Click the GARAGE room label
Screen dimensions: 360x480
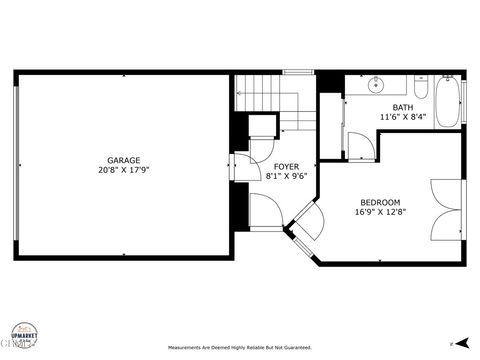coord(124,160)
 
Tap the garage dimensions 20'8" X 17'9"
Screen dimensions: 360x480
coord(124,170)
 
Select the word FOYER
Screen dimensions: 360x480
coord(287,166)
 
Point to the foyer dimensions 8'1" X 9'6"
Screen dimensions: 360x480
coord(287,176)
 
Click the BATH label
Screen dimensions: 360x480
coord(402,107)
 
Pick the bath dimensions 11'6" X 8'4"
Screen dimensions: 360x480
coord(402,117)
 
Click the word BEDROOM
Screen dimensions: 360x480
coord(379,202)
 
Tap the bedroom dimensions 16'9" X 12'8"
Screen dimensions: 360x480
coord(379,212)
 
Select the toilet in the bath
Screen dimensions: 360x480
coord(419,91)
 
